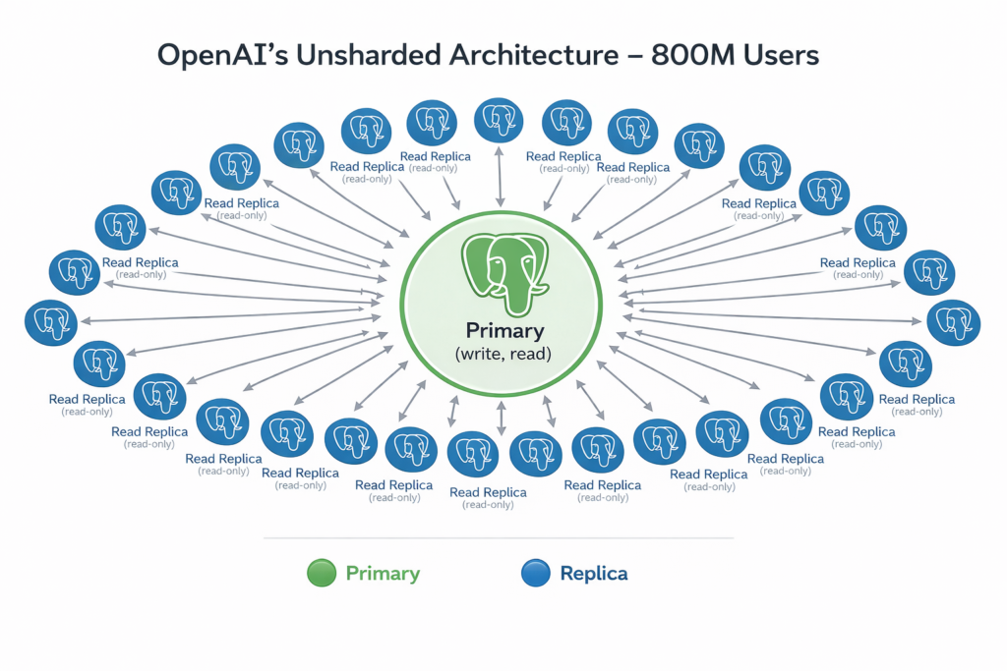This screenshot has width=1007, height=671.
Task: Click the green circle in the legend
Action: pos(322,574)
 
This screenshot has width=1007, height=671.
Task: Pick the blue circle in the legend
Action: pos(536,574)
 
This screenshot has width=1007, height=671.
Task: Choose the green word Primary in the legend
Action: pos(383,574)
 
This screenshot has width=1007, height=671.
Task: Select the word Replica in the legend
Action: pos(593,574)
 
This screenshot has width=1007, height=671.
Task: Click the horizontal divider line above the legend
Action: pos(499,538)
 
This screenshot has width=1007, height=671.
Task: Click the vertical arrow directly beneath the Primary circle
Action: pos(502,417)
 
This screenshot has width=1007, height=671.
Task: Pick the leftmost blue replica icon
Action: pos(48,322)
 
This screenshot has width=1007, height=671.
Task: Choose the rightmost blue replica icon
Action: pos(953,322)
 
